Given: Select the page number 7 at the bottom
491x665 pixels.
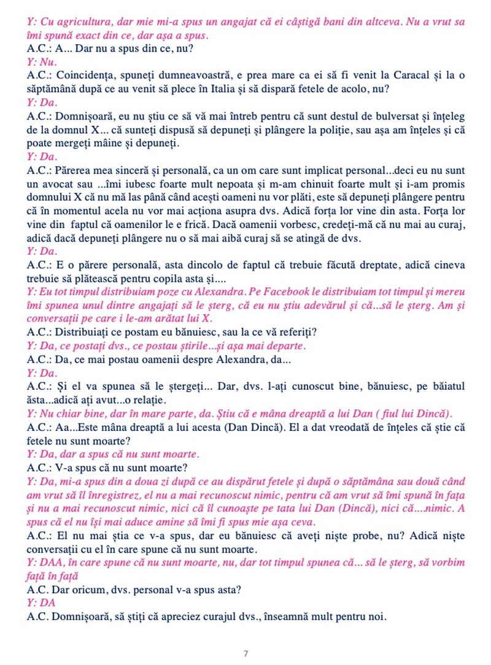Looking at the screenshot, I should (245, 653).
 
